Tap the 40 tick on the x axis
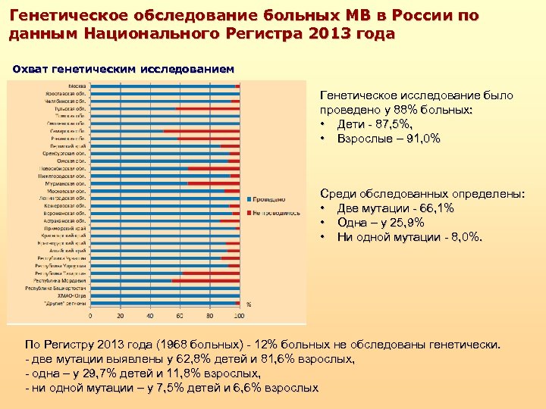point(150,314)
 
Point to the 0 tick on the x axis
point(91,314)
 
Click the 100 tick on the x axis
point(239,314)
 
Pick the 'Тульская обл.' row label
point(73,108)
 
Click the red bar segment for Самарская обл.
point(201,131)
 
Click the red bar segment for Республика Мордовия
point(206,280)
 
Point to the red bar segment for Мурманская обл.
point(213,183)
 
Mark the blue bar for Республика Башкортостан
point(165,288)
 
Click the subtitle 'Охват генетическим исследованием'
point(124,69)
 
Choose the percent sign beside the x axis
point(249,304)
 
